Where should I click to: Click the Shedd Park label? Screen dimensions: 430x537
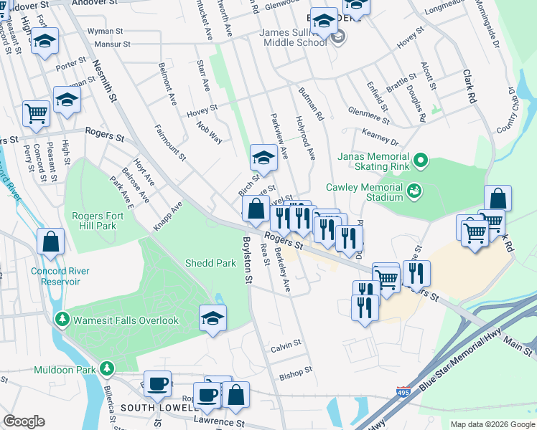[210, 263]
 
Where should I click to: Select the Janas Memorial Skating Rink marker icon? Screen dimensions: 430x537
[421, 162]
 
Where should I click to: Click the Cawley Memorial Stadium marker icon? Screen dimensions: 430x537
[414, 191]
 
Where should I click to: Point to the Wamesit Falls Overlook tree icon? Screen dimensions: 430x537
[63, 320]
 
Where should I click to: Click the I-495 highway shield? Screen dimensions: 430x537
[403, 393]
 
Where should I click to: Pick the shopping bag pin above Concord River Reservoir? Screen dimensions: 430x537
[52, 242]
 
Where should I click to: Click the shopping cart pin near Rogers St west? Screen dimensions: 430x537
[36, 113]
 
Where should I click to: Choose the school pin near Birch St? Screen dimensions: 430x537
[263, 158]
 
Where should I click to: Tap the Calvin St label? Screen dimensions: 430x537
[286, 347]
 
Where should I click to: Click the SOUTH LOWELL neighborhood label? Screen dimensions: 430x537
[157, 407]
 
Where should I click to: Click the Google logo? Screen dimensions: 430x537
[24, 421]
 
